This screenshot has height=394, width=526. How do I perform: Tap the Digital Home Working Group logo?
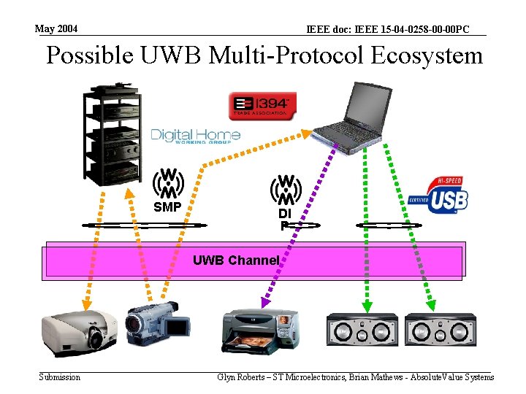(196, 136)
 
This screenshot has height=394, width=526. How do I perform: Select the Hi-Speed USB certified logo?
(438, 192)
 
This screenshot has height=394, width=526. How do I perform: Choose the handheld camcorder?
(157, 322)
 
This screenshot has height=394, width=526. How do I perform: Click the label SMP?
(167, 207)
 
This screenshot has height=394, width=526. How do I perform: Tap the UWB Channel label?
(236, 260)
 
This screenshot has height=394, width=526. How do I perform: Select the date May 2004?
(56, 29)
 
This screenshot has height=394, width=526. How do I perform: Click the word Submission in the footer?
(60, 377)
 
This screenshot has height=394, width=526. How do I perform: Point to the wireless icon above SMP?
(168, 183)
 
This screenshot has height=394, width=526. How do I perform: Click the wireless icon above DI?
(286, 190)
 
